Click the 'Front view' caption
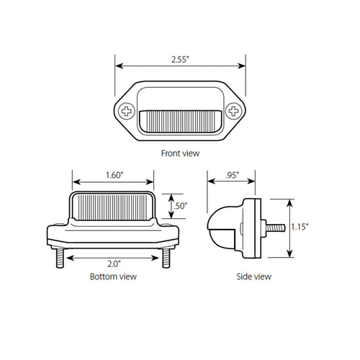181,153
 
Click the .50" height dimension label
182,207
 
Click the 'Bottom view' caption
114,276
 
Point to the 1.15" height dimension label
300,227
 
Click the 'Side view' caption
253,276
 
